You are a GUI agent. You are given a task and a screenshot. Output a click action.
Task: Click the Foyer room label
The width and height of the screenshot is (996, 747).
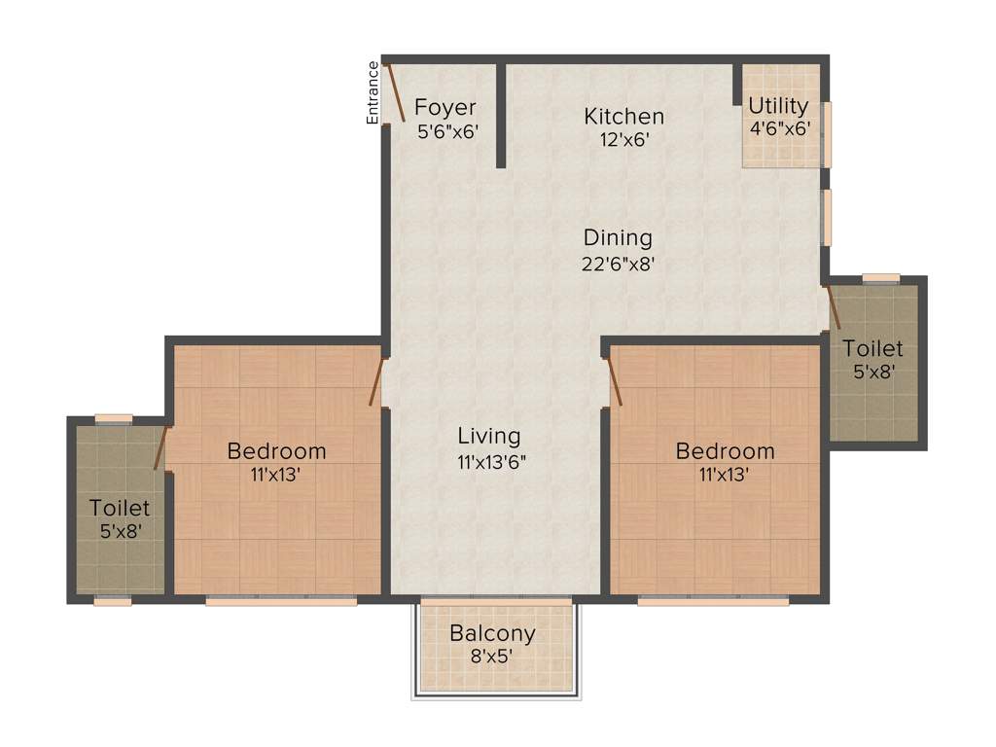point(445,107)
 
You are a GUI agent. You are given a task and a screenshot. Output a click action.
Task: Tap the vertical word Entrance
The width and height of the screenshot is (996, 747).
point(373,92)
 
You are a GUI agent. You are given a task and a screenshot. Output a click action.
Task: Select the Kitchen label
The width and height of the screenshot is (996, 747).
point(623,117)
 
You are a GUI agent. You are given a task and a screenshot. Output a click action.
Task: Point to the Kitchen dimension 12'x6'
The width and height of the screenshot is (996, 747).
point(623,139)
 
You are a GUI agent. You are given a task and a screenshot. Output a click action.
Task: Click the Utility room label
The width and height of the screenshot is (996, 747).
point(778,106)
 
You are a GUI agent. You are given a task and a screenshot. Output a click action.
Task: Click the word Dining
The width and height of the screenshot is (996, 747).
point(618,237)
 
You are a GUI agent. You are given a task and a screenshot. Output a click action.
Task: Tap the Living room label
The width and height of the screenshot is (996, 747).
point(489,436)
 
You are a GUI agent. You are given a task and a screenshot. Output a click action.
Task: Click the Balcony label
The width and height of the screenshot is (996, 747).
point(492,633)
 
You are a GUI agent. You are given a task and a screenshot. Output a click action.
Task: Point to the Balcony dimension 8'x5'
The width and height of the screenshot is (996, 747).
point(492,657)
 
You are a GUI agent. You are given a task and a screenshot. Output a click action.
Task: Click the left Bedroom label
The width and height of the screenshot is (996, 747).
point(276,451)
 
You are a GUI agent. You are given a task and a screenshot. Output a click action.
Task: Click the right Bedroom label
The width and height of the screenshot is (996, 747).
point(726,451)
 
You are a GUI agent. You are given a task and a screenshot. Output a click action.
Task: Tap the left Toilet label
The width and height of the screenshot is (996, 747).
point(120,508)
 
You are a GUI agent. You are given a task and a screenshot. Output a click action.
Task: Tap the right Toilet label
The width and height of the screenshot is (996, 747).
point(872,348)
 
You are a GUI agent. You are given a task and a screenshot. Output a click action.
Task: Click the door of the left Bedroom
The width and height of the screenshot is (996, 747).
point(376,380)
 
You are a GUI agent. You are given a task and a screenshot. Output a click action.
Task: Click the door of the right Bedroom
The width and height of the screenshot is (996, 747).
point(614,380)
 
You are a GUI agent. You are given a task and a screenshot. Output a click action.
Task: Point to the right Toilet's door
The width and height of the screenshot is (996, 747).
point(833,307)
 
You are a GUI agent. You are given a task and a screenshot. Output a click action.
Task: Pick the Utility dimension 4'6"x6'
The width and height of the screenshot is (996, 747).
point(778,127)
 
